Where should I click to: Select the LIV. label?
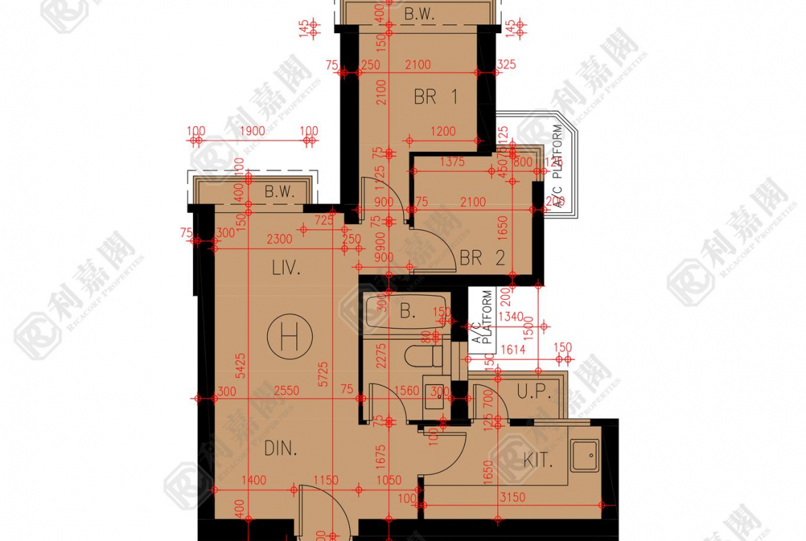(286, 268)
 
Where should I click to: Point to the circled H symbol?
(290, 337)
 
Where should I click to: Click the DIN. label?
(280, 449)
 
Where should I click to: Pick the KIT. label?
(538, 460)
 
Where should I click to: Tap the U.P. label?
(534, 392)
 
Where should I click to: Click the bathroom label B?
(408, 312)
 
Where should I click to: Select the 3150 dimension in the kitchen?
(511, 496)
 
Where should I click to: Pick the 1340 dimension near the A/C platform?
(510, 316)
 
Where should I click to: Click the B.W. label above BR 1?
(420, 14)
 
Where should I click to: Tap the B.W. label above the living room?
(280, 192)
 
